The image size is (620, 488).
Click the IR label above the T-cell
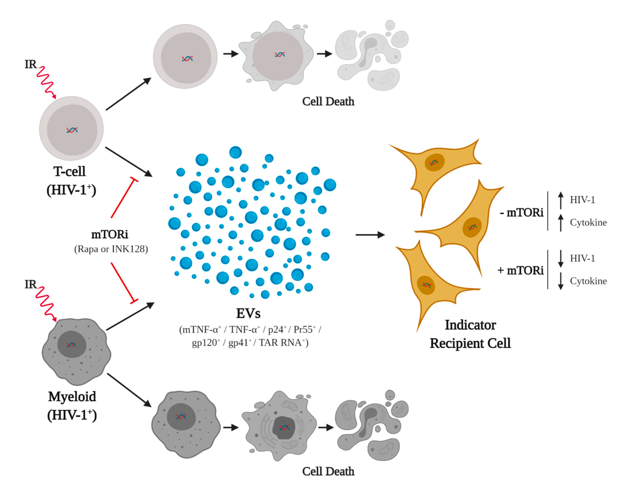coord(31,65)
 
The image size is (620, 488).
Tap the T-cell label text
coord(69,171)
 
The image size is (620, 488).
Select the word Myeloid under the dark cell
coord(72,397)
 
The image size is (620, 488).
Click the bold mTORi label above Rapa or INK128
coord(110,235)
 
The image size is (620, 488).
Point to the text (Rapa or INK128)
coord(111,249)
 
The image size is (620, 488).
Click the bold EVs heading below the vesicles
coord(248,313)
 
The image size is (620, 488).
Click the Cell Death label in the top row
coord(328,102)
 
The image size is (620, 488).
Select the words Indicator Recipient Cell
coord(470,334)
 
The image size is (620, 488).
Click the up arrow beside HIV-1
coord(561,200)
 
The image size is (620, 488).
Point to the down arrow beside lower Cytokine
coord(561,281)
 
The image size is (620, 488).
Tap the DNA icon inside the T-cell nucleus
coord(72,130)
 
